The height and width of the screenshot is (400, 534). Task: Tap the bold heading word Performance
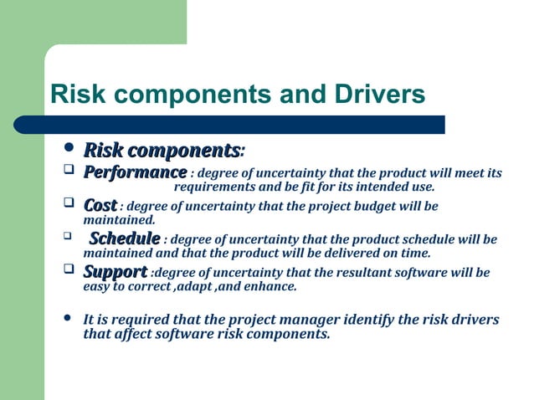point(134,173)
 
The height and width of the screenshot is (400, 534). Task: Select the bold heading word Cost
point(100,205)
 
